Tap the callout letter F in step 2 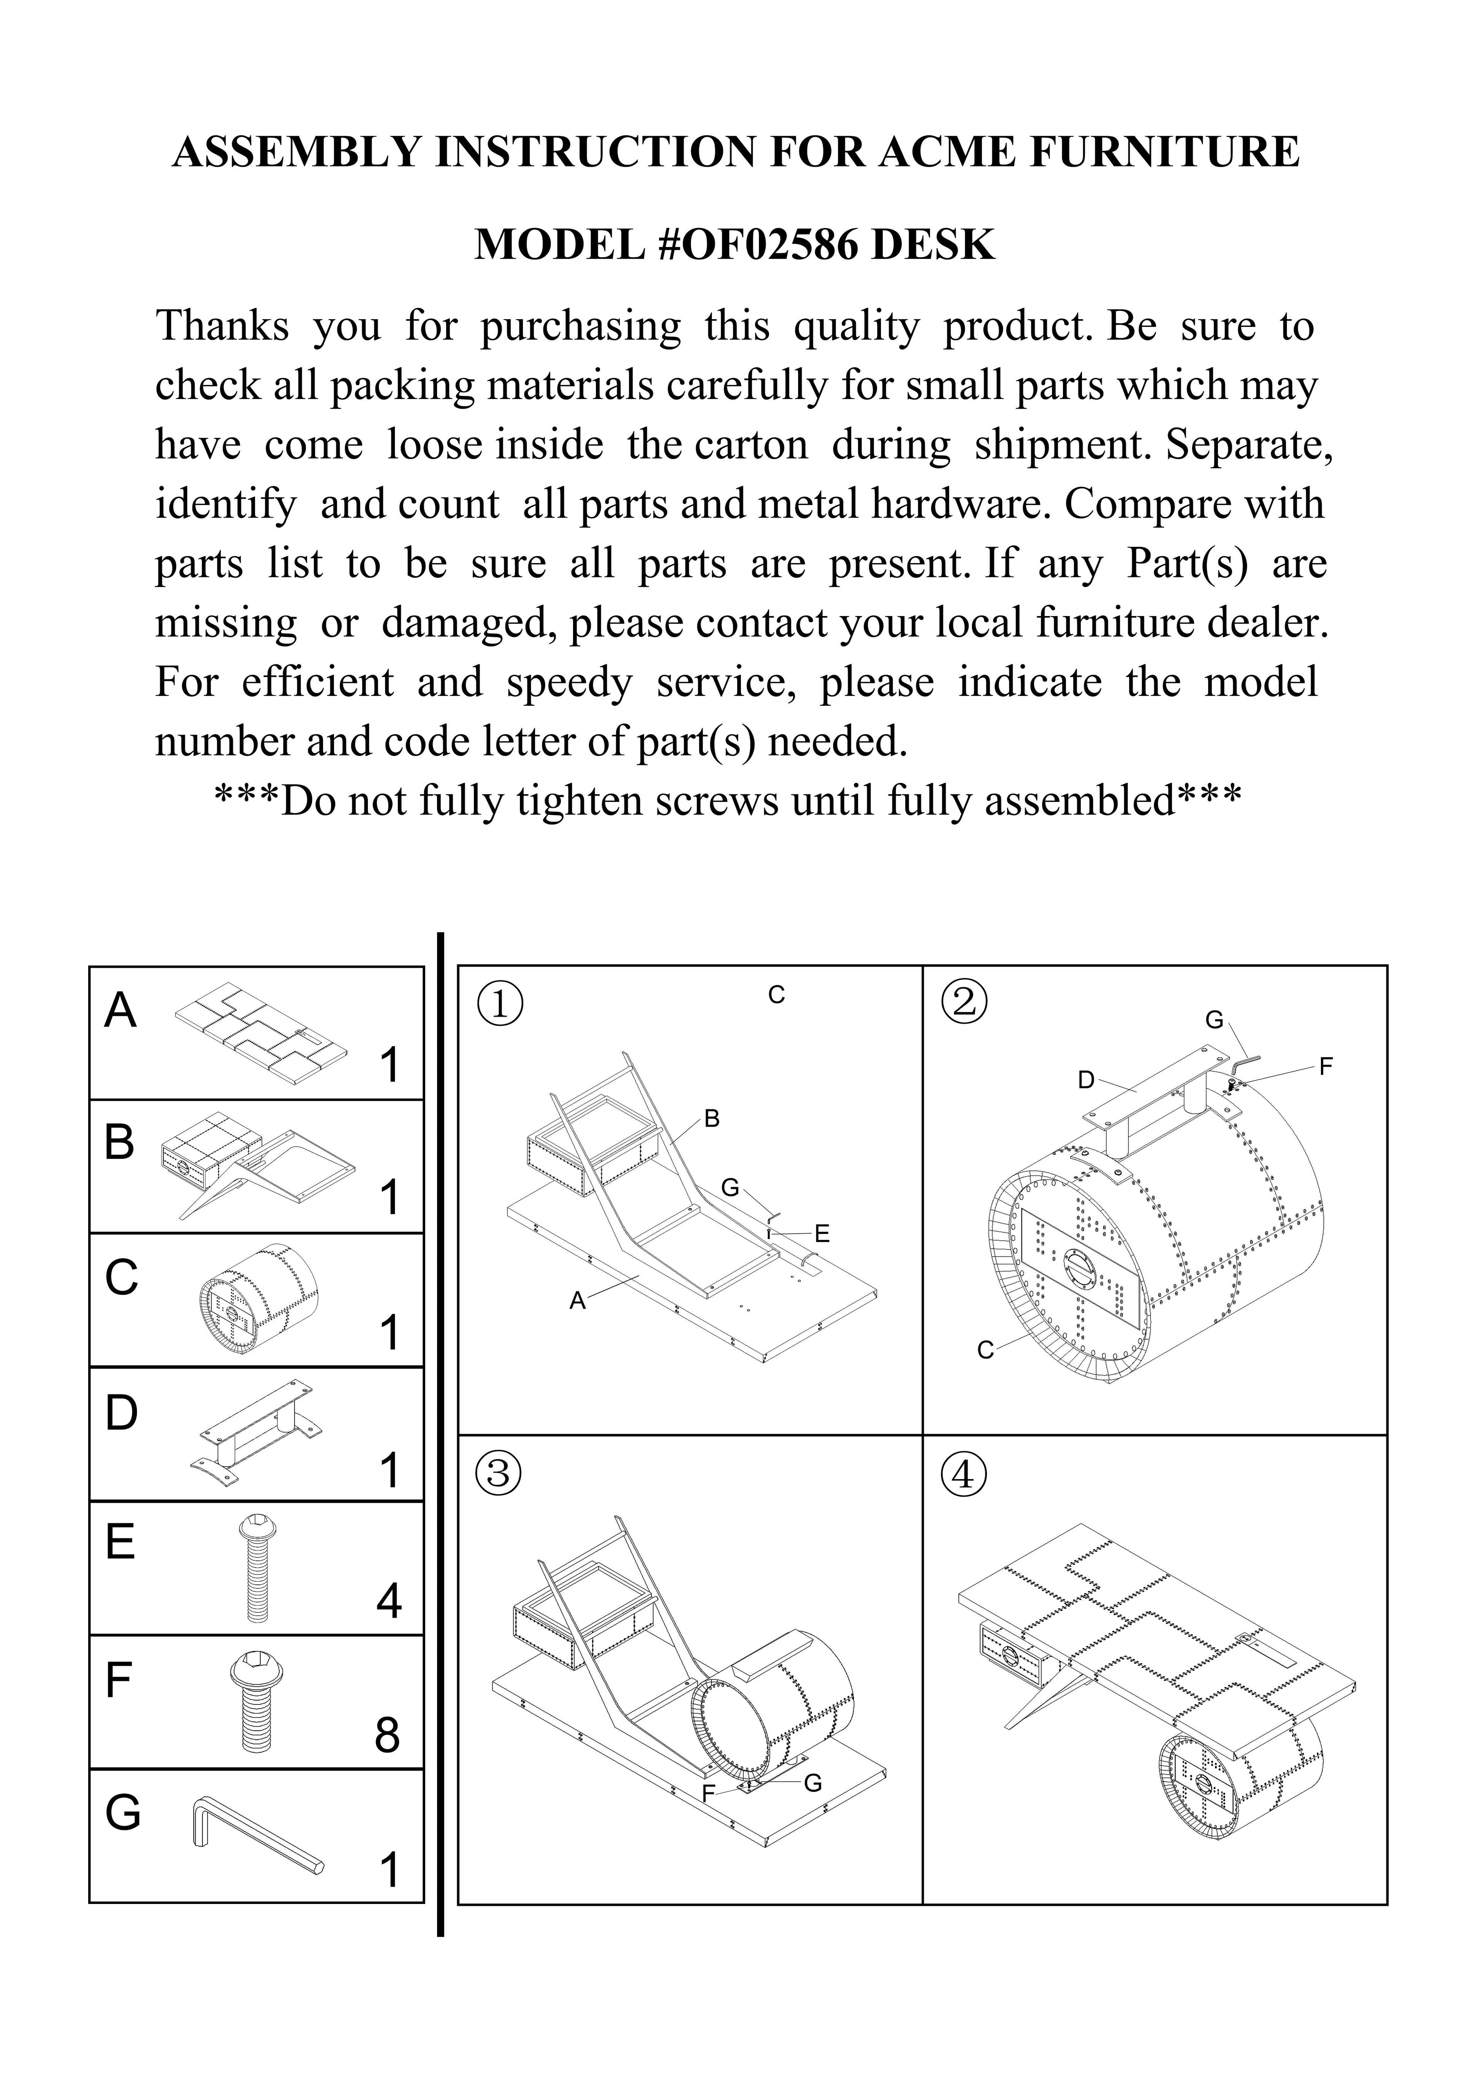1326,1068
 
